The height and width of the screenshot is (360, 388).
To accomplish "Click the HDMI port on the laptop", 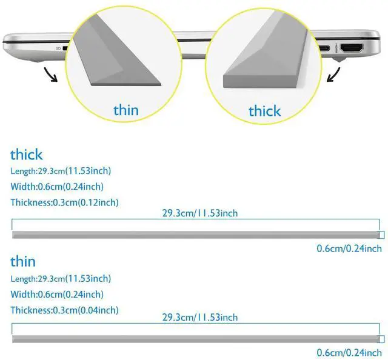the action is click(352, 48).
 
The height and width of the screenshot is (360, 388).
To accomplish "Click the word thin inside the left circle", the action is click(126, 110).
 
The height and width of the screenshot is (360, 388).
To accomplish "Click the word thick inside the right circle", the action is click(264, 110).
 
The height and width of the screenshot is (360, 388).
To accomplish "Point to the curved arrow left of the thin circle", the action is click(50, 75).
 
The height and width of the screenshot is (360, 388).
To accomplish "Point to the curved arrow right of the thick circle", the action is click(334, 75).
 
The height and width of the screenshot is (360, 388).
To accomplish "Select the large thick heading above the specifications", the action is click(27, 155).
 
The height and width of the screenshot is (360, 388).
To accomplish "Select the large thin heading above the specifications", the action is click(23, 262).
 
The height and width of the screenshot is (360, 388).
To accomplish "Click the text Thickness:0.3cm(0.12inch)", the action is click(64, 202).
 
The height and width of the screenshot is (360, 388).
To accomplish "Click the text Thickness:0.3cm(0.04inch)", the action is click(64, 310).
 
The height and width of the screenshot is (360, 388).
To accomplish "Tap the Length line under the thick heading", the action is click(61, 171).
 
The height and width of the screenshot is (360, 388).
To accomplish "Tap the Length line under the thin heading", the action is click(61, 279).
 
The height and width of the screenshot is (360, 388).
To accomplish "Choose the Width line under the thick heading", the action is click(57, 187).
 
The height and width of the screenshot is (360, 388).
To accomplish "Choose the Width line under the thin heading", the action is click(57, 294).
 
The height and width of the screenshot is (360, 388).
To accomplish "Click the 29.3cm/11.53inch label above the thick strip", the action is click(200, 213).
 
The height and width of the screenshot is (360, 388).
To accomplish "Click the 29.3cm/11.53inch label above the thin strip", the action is click(200, 318).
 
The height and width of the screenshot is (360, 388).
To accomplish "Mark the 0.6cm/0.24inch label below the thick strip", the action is click(349, 248).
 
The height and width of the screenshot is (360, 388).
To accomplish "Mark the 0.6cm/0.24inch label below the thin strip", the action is click(349, 353).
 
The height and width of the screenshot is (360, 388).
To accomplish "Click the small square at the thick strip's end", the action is click(382, 235).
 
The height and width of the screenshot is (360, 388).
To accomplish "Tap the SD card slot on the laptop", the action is click(65, 48).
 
